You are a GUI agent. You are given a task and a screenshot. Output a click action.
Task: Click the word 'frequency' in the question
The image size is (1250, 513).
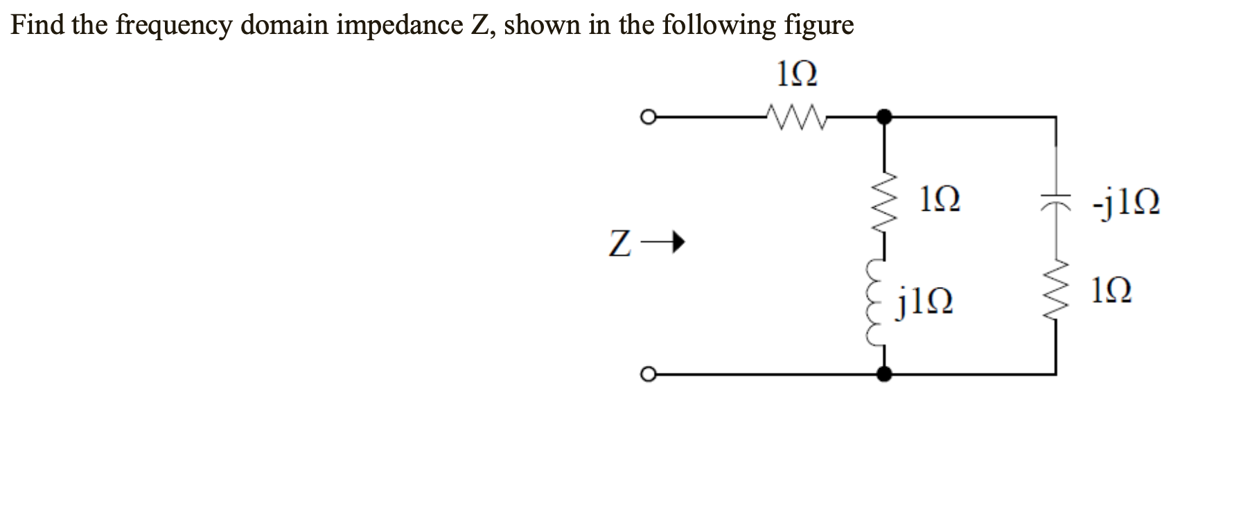pyautogui.click(x=173, y=26)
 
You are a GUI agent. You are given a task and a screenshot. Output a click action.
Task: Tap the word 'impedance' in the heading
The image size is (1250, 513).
pyautogui.click(x=400, y=26)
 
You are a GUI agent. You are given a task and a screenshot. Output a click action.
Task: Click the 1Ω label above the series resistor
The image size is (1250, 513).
pyautogui.click(x=797, y=74)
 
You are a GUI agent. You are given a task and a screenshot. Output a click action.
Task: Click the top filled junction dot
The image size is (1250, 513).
pyautogui.click(x=883, y=116)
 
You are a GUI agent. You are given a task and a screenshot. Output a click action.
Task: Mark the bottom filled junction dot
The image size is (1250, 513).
pyautogui.click(x=883, y=374)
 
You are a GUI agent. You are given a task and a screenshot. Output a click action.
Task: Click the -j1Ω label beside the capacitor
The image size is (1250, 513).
pyautogui.click(x=1125, y=202)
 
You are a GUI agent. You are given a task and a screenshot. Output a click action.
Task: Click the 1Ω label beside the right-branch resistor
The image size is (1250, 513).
pyautogui.click(x=1111, y=290)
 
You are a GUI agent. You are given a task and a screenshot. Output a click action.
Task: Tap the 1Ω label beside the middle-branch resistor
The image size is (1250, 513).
pyautogui.click(x=940, y=201)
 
